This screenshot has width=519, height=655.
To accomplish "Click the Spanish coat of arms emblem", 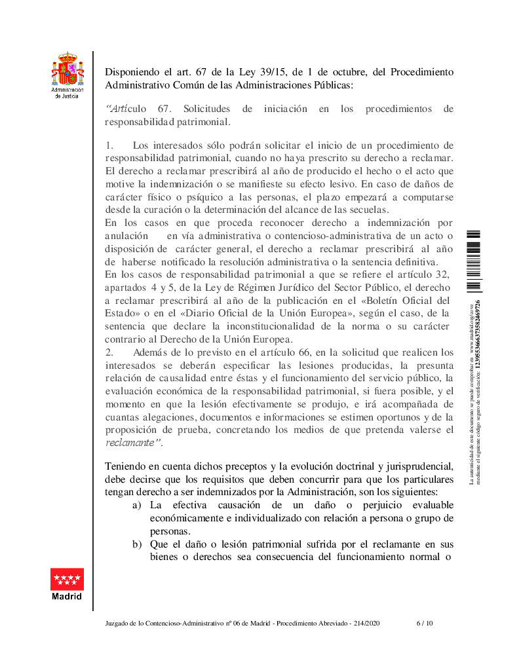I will (x=67, y=69).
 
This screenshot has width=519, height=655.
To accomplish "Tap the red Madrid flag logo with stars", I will (x=67, y=579).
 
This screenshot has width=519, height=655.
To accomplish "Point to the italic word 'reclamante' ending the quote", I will (x=131, y=442).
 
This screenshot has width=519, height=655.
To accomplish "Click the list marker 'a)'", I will (x=137, y=506).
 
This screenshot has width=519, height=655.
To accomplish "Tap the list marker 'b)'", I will (x=137, y=544).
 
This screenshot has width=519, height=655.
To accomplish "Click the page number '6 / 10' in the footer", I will (x=425, y=623).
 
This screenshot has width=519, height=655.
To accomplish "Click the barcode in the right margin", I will (x=474, y=260).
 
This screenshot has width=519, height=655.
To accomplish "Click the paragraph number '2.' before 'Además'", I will (x=109, y=352).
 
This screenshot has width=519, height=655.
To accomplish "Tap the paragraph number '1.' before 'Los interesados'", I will (x=109, y=145).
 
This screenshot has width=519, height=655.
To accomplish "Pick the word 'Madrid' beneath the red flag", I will (x=67, y=597).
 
